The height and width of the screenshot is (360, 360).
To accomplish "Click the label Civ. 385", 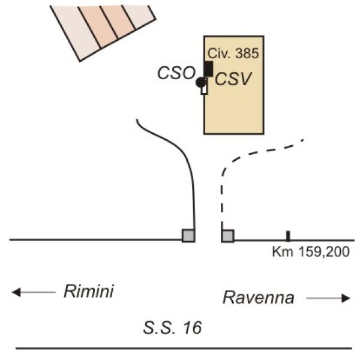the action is click(x=233, y=53).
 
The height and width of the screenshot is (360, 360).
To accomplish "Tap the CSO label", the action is click(x=176, y=73).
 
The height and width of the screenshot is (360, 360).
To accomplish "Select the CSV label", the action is click(x=233, y=79).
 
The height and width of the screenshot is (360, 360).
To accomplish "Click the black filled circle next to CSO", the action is click(x=200, y=82).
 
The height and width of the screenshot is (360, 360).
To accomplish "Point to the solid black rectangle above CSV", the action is click(x=208, y=68).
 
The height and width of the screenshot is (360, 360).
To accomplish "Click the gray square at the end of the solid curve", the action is click(x=188, y=236).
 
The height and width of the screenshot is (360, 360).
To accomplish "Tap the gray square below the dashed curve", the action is click(x=228, y=236).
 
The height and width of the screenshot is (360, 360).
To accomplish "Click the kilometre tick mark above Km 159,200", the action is click(x=288, y=236).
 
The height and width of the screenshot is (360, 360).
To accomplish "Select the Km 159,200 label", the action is click(x=311, y=252).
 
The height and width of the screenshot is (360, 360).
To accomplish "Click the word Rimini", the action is click(x=89, y=291).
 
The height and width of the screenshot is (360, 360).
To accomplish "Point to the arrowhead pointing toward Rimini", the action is click(x=16, y=292).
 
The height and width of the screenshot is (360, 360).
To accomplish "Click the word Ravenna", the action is click(x=259, y=298).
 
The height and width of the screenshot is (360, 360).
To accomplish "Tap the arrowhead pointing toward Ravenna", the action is click(x=346, y=298).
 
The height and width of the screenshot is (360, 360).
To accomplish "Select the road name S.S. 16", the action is click(x=172, y=328).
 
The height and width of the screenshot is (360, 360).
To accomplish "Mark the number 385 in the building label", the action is click(x=247, y=53).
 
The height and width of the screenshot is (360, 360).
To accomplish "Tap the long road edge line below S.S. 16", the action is click(x=184, y=348).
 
